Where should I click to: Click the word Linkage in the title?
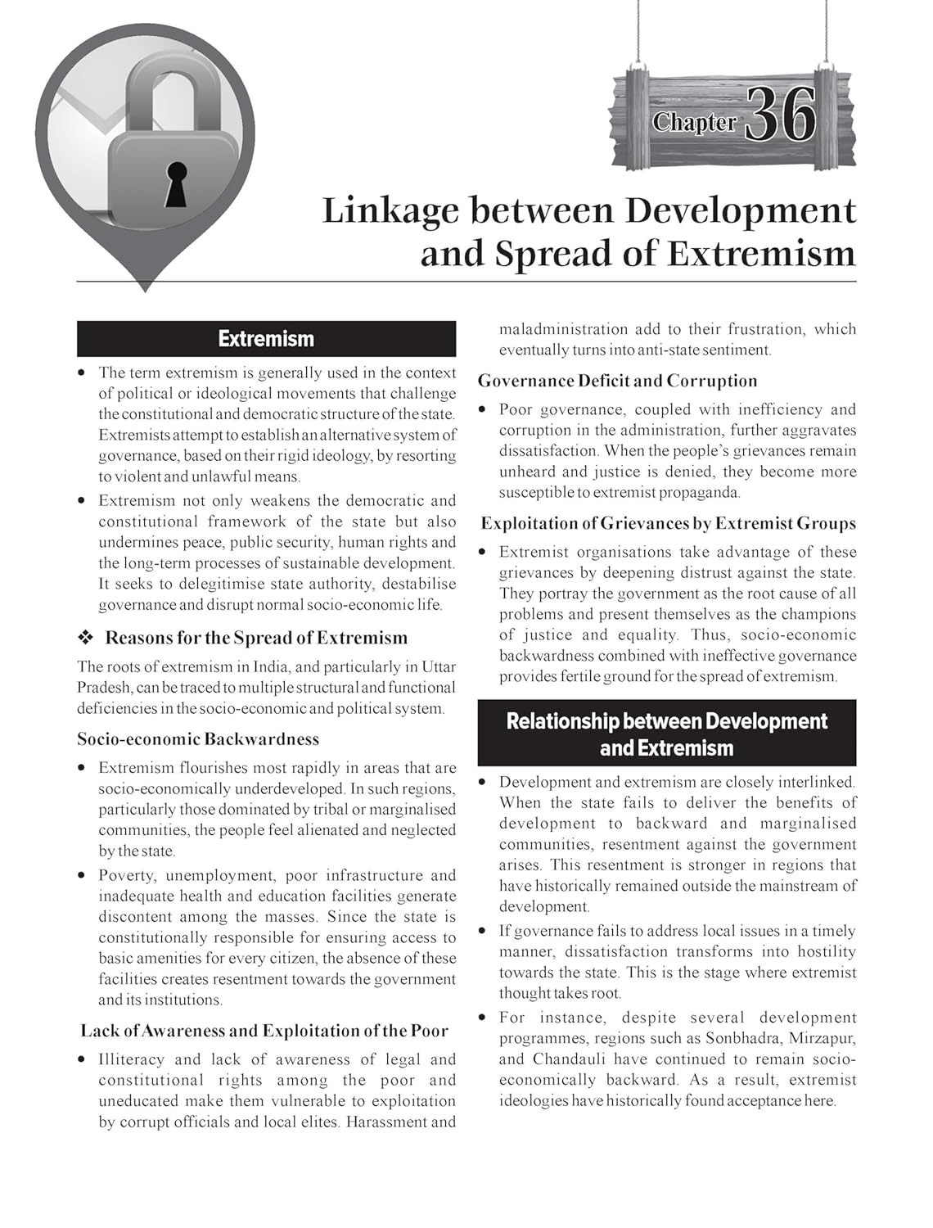tap(389, 210)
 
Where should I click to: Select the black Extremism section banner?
tap(266, 339)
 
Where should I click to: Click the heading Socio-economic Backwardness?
tap(198, 739)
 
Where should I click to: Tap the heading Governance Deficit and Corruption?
tap(618, 381)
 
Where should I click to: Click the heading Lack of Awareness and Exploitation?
tap(264, 1031)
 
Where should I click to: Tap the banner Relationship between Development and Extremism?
tap(666, 734)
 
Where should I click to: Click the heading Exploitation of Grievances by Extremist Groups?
tap(668, 524)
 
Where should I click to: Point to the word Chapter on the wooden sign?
tap(694, 123)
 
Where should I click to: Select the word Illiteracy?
tap(131, 1059)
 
